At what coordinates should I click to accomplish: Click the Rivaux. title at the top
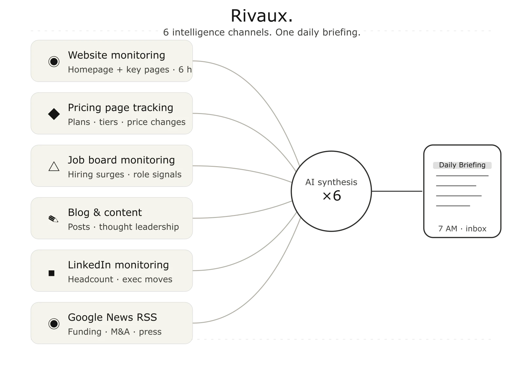coord(262,16)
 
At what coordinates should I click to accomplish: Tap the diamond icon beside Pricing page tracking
coord(54,114)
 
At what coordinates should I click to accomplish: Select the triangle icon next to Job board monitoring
coord(54,166)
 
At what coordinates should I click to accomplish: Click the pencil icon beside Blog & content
coord(53,219)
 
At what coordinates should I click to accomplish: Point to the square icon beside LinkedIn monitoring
coord(51,273)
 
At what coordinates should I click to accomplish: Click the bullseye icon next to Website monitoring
coord(54,62)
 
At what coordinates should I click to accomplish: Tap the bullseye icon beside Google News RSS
coord(54,324)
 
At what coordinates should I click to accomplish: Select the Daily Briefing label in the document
coord(462,165)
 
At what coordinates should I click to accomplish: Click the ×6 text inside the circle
coord(332,196)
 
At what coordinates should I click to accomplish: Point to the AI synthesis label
coord(331,182)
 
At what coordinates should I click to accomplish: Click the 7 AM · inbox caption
coord(462,228)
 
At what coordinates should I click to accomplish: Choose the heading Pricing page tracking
coord(121,108)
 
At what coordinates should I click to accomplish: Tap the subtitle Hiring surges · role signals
coord(125,174)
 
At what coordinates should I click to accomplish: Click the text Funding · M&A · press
coord(115,332)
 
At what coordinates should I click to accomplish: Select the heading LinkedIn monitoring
coord(118,265)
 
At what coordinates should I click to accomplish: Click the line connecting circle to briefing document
coord(397,191)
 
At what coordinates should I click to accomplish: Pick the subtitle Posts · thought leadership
coord(123,227)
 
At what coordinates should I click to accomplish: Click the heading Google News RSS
coord(112,317)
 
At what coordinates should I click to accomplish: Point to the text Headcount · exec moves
coord(120,279)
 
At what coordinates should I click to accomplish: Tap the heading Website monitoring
coord(117,55)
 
